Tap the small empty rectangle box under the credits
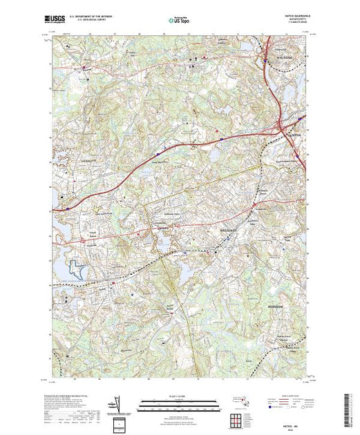[121, 423]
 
